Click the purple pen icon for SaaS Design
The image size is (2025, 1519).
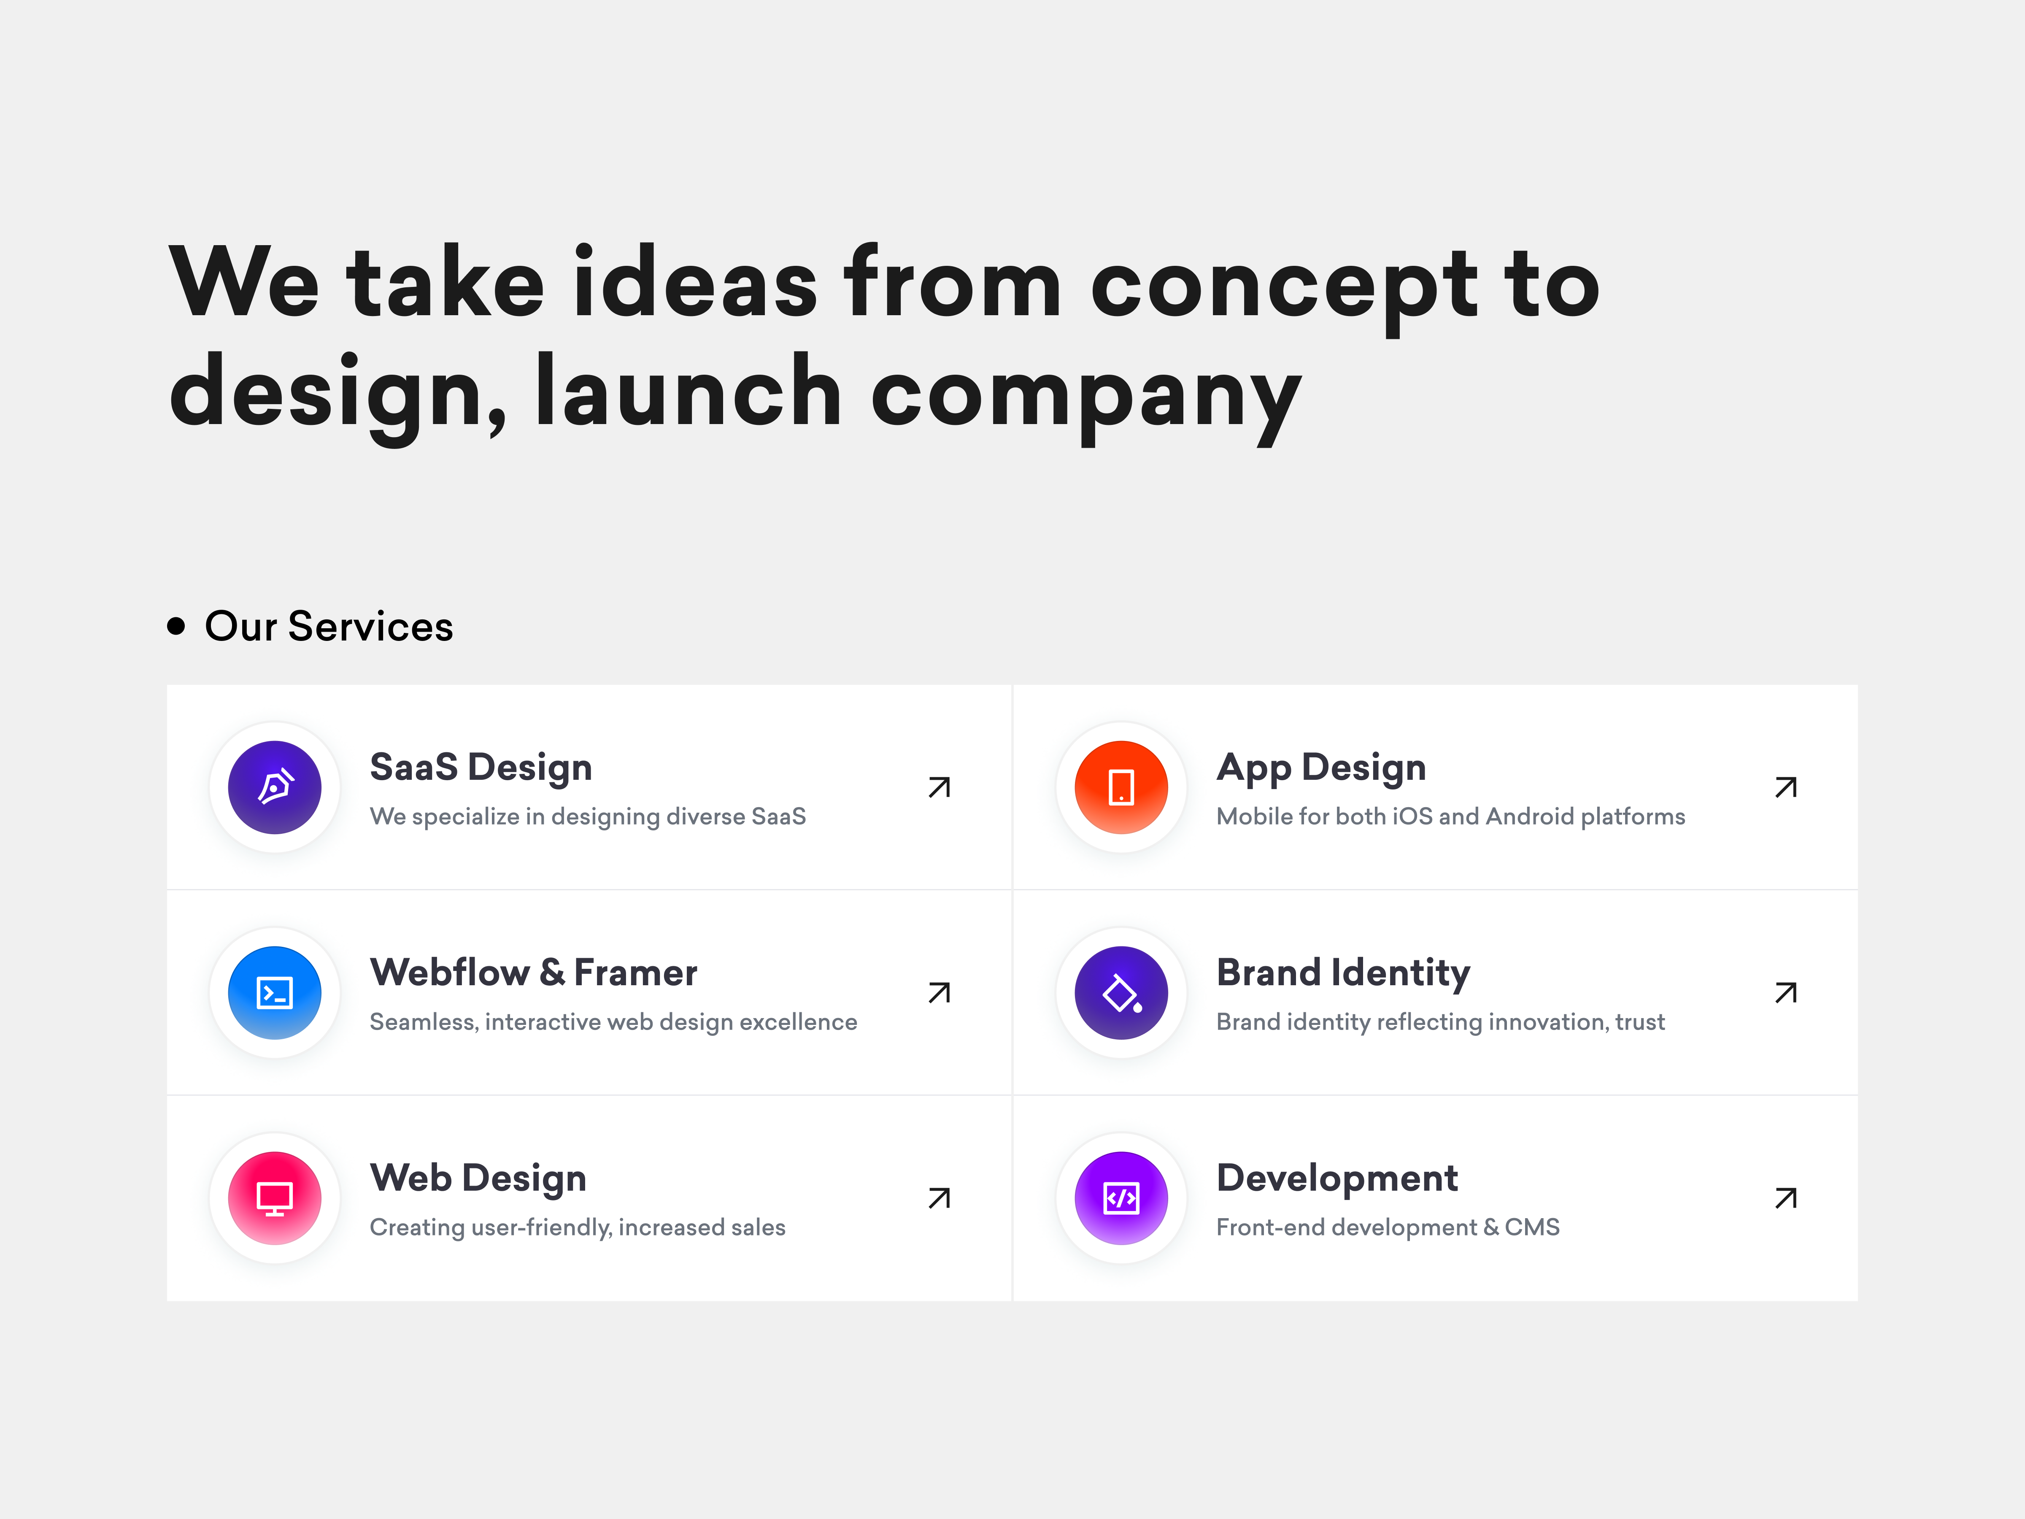[275, 787]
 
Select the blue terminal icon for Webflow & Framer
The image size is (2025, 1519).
[275, 992]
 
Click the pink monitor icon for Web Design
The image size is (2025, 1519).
[275, 1197]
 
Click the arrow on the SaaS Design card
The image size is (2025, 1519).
[939, 787]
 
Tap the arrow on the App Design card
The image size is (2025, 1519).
[1785, 787]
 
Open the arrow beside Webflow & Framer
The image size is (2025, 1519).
[939, 992]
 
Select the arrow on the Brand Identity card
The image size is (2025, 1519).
[1785, 992]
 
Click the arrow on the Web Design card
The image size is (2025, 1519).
[939, 1197]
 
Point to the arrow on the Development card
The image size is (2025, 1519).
[1785, 1197]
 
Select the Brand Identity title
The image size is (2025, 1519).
[1343, 973]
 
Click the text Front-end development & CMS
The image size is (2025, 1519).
[1387, 1227]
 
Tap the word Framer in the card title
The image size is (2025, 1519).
[635, 973]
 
